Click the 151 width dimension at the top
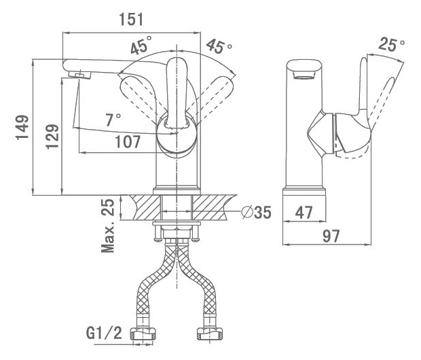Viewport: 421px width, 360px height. tap(131, 19)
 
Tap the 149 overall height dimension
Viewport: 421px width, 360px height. tap(22, 127)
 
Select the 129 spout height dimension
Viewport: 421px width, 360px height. tap(52, 137)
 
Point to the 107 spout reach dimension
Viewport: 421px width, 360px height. tap(128, 141)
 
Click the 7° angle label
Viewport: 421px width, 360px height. tap(113, 120)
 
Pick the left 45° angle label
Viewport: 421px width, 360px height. tap(141, 45)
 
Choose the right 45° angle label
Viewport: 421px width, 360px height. tap(219, 46)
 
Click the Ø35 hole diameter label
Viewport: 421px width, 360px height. tap(256, 212)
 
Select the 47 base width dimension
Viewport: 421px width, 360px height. tap(304, 213)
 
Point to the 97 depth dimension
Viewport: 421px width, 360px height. tap(331, 236)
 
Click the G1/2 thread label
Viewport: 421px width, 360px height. tap(104, 333)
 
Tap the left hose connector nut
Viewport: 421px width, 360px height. tap(143, 334)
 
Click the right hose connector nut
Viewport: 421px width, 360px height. tap(210, 334)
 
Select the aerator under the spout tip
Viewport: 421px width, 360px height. tap(79, 75)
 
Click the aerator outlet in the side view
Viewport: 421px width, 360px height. tap(304, 75)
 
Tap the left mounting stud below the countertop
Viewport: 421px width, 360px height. tap(158, 233)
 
